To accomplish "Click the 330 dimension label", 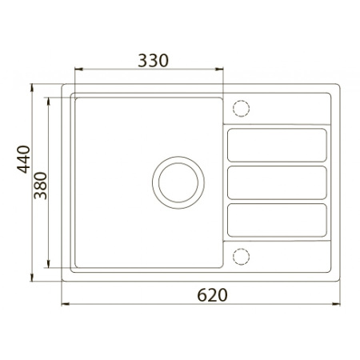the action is [153, 61].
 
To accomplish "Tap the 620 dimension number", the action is [212, 295].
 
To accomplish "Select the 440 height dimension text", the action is [23, 159].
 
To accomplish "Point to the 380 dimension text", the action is [41, 186].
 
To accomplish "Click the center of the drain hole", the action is [178, 182].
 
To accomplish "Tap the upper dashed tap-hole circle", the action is [241, 109].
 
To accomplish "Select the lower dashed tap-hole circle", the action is [241, 257].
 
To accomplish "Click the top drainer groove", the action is [277, 145].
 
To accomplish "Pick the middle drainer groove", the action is [277, 182].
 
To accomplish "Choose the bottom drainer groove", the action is [277, 220].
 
